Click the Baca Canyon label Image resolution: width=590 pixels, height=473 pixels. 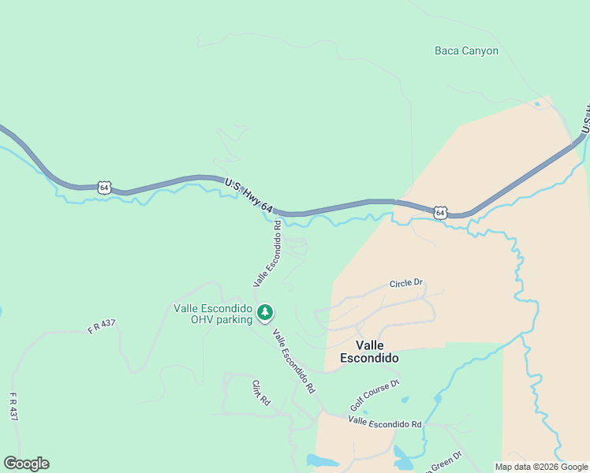[466, 50]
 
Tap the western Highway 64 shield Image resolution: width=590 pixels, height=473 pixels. [104, 187]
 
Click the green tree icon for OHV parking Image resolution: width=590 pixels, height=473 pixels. [266, 313]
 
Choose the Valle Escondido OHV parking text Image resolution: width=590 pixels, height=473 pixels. [213, 314]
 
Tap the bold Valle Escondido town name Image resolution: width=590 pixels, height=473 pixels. [369, 352]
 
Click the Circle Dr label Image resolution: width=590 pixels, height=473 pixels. [406, 283]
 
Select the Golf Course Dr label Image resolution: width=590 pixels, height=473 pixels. [375, 395]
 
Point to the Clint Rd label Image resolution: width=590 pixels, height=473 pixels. [261, 392]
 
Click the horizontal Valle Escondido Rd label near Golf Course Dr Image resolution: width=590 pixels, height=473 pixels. [386, 423]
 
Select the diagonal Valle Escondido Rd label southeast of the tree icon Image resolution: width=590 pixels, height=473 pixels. [293, 361]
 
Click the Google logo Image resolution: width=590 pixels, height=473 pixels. [26, 464]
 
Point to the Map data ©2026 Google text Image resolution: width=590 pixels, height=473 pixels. [541, 467]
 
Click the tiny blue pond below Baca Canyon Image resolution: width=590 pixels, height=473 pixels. [537, 104]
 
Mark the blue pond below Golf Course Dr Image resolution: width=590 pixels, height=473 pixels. [402, 455]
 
